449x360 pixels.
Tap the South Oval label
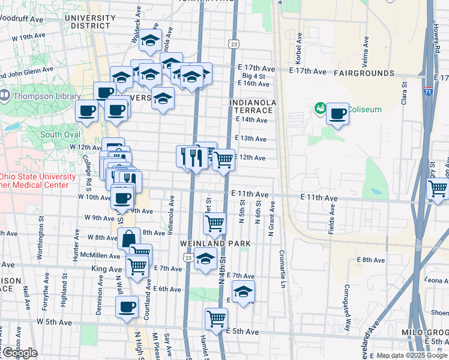click(x=61, y=134)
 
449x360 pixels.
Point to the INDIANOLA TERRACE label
click(x=253, y=107)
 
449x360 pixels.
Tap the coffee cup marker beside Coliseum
click(x=338, y=113)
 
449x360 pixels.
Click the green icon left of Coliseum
click(x=320, y=109)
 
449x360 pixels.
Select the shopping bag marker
click(x=128, y=238)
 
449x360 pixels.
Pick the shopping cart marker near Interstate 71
click(x=438, y=188)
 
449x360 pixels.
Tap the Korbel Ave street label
click(x=298, y=54)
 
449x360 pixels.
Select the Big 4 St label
click(x=253, y=76)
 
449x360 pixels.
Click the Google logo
click(x=19, y=353)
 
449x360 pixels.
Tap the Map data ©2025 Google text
click(x=411, y=355)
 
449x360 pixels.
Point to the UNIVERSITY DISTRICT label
click(x=89, y=22)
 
